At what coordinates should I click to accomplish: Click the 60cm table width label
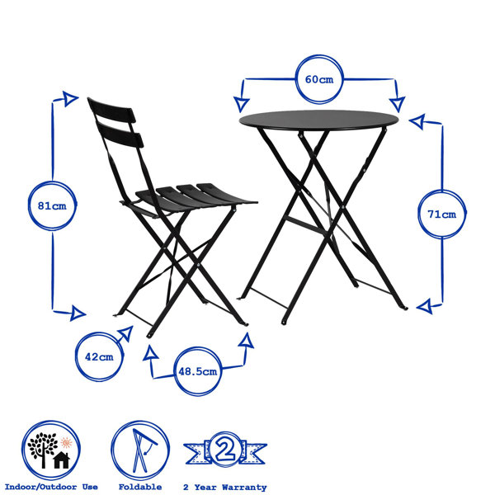[x=319, y=79]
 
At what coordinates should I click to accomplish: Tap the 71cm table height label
[x=442, y=214]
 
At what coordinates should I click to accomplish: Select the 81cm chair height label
[x=52, y=205]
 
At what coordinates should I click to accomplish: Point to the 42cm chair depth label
[x=99, y=357]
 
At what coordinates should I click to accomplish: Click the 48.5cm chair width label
[x=198, y=371]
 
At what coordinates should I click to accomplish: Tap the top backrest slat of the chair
[x=112, y=111]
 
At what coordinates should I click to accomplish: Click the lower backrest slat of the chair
[x=120, y=134]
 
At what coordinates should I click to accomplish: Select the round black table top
[x=318, y=120]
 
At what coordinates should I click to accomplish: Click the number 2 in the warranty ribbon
[x=225, y=450]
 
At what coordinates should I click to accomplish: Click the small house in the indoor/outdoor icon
[x=62, y=460]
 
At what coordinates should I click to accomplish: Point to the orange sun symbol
[x=66, y=442]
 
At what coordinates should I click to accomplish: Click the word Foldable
[x=140, y=487]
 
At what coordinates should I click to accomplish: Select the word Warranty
[x=244, y=488]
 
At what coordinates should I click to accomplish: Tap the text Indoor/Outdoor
[x=40, y=487]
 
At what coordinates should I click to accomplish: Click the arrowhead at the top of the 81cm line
[x=70, y=98]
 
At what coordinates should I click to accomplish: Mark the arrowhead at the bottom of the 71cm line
[x=425, y=306]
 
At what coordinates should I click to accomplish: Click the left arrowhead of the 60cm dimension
[x=242, y=104]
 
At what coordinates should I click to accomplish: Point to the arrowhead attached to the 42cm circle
[x=126, y=333]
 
